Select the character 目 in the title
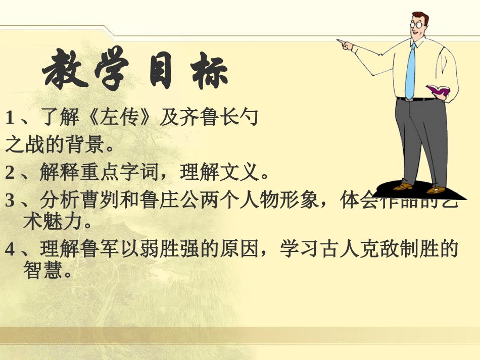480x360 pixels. coord(161,73)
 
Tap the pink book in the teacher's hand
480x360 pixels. coord(438,91)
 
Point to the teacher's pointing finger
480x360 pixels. coord(340,41)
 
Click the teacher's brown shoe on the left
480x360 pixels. coord(403,187)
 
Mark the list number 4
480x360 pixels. coord(10,249)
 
